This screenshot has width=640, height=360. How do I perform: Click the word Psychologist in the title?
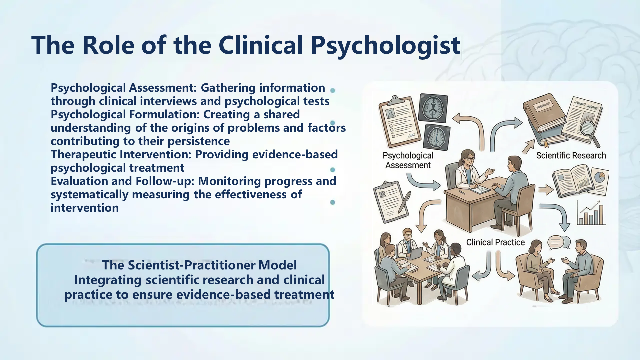tap(385, 45)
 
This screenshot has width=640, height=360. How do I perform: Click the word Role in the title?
tap(108, 45)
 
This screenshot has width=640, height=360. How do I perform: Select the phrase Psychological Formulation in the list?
tap(125, 115)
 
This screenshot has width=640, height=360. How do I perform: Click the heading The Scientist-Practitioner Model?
tap(199, 265)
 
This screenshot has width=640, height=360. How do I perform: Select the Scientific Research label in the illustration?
tap(571, 155)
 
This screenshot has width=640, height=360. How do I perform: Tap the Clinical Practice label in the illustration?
tap(495, 242)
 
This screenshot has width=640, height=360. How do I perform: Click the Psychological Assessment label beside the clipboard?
tap(408, 160)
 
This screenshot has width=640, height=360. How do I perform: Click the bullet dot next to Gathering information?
tap(332, 90)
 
